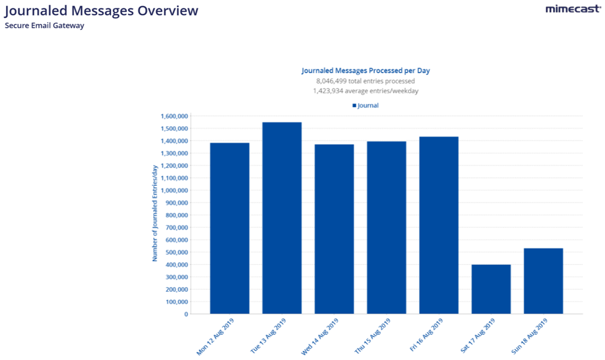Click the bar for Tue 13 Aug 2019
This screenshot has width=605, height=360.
[282, 218]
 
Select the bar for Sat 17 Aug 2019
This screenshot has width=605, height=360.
[491, 289]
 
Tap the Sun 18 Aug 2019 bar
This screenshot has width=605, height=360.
[543, 280]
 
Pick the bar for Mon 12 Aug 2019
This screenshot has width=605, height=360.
[230, 228]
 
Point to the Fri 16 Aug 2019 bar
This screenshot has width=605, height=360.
[439, 225]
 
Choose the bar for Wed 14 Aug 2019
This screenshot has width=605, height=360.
[334, 228]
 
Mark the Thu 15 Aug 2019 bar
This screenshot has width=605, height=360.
[386, 227]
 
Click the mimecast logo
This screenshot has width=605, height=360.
[573, 9]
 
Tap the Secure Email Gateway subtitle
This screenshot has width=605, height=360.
[44, 26]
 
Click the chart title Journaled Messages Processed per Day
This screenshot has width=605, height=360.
[365, 71]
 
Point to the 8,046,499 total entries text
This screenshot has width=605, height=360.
[365, 81]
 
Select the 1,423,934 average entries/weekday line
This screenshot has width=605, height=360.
[365, 91]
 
